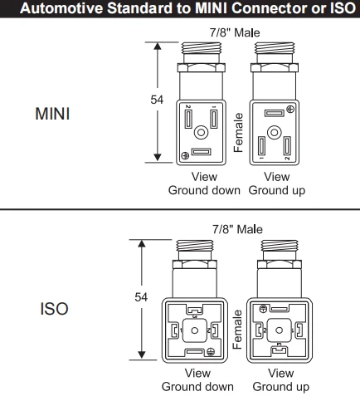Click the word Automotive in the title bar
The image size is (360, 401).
click(62, 8)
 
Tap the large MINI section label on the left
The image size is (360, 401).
click(52, 114)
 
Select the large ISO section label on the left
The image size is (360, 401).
click(54, 309)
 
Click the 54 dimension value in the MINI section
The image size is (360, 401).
click(157, 100)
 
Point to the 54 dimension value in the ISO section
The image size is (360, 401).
click(141, 297)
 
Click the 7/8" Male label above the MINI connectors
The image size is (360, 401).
click(235, 32)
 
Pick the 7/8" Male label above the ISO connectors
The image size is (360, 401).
click(237, 229)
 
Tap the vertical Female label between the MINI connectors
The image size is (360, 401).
click(238, 133)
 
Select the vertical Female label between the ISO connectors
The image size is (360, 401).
click(237, 330)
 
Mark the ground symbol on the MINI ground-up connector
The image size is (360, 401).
click(290, 110)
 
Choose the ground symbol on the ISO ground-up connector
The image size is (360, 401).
click(263, 309)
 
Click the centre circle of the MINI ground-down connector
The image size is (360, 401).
click(201, 132)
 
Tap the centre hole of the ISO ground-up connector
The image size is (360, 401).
click(280, 330)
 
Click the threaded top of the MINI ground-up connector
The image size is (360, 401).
click(275, 48)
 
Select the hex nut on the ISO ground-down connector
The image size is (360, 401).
click(195, 264)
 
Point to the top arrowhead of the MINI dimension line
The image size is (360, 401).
click(158, 46)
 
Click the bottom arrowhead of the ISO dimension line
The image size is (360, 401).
click(142, 355)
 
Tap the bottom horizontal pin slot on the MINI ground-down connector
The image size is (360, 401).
click(202, 152)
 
